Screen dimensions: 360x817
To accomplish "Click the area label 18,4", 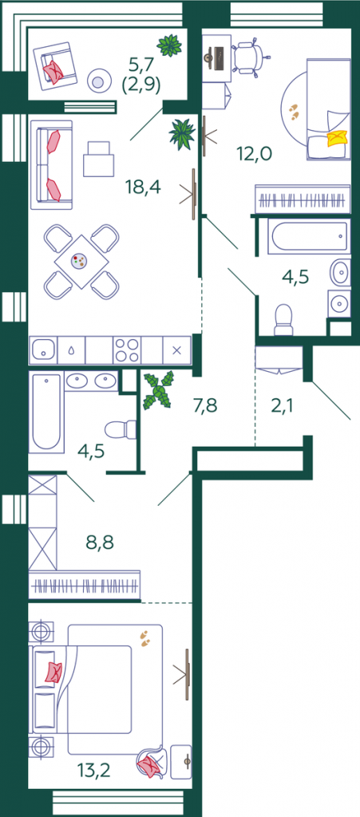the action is point(143,186).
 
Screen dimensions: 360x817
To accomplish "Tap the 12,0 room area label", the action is point(255,154).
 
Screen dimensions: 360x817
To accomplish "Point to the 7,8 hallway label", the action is point(205,405).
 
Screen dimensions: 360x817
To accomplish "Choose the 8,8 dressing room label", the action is point(100,542).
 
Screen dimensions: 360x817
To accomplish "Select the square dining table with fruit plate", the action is point(82,261).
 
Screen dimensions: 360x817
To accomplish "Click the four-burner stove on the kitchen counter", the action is point(127,349).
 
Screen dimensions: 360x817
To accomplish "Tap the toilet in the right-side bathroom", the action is point(284,319).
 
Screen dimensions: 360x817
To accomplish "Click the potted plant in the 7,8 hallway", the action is point(159,389).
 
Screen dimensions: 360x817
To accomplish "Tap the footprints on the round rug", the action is point(295,111).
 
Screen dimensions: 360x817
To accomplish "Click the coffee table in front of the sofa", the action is point(98,159).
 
